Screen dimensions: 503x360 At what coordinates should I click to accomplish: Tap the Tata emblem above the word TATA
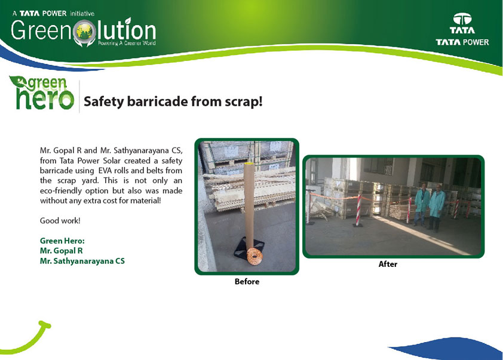[462, 19]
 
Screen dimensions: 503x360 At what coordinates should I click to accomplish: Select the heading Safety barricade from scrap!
[173, 101]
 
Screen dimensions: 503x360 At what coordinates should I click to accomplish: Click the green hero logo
[42, 93]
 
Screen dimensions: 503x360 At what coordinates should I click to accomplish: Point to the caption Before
[247, 281]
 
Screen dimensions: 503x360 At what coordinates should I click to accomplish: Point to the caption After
[388, 264]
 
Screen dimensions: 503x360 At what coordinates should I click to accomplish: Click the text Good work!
[60, 220]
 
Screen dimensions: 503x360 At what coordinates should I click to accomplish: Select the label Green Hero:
[62, 241]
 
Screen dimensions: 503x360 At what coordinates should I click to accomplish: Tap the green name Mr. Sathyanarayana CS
[82, 261]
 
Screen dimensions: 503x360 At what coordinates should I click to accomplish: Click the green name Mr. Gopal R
[62, 251]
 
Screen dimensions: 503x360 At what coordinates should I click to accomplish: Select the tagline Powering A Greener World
[127, 43]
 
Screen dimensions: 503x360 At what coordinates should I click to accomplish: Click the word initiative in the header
[82, 14]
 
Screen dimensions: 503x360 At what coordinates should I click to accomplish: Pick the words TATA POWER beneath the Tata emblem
[462, 42]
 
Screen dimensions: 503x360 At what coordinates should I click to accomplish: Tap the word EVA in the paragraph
[105, 171]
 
